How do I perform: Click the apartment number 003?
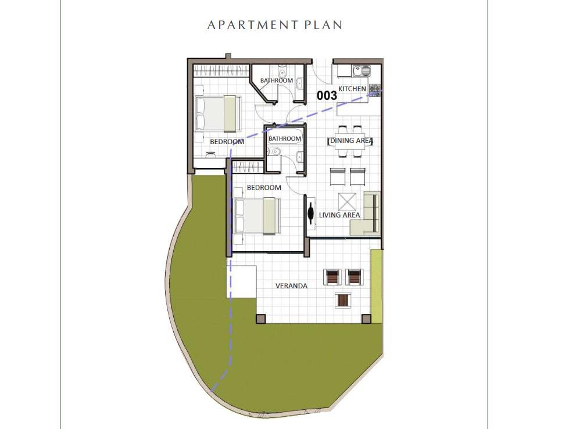327,95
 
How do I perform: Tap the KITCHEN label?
352,89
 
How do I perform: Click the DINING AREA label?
350,141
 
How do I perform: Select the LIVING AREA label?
339,215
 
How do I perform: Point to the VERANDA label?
291,286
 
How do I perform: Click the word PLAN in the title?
323,25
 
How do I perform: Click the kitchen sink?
362,70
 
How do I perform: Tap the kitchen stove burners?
375,90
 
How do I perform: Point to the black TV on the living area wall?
311,213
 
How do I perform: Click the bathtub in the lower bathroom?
285,138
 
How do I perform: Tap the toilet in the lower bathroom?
273,151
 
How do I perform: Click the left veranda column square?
260,319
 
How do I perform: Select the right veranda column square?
367,319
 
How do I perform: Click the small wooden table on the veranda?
343,301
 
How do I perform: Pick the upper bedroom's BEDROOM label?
227,142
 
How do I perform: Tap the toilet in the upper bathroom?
282,70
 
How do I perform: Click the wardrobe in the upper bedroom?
221,70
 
